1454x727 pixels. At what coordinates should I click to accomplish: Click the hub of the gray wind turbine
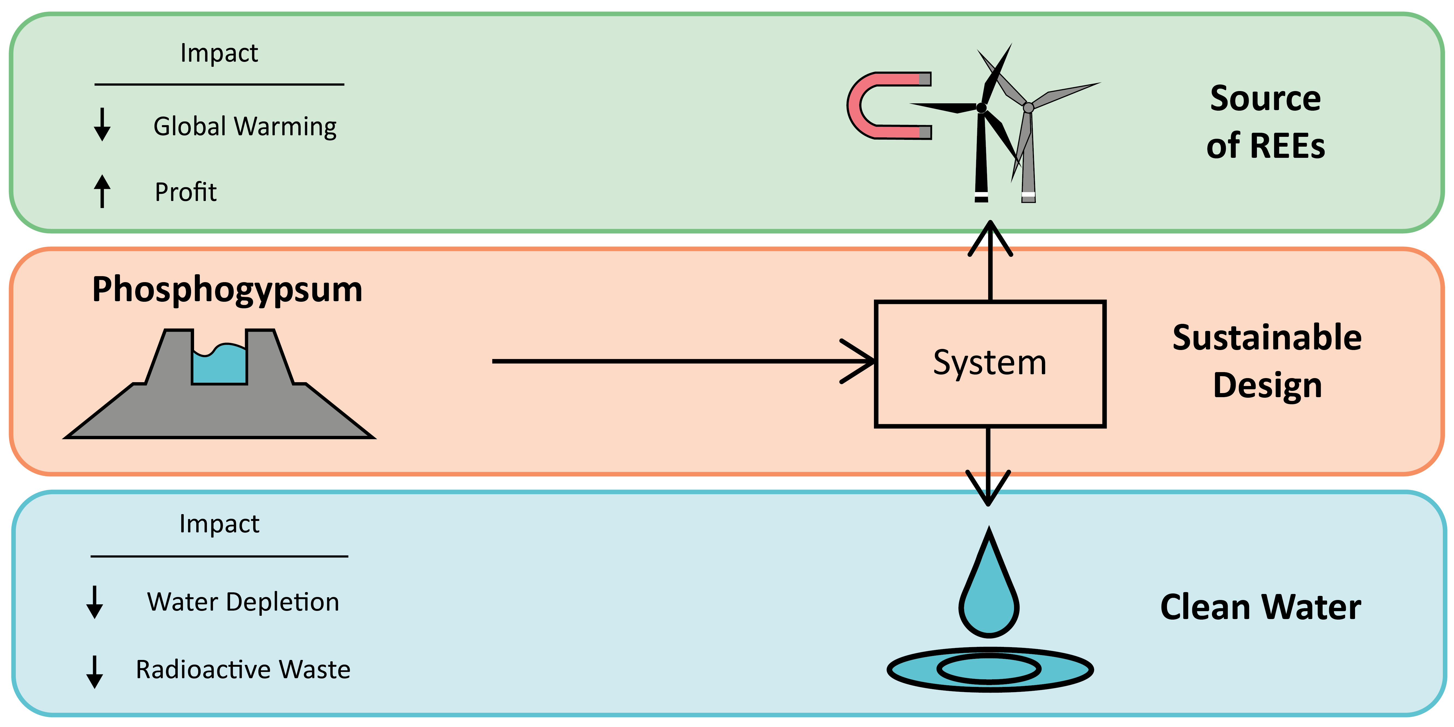(1028, 107)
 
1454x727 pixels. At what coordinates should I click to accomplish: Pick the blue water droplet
(989, 598)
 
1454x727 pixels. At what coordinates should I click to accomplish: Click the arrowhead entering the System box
(861, 361)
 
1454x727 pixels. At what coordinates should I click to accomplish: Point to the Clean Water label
(1260, 607)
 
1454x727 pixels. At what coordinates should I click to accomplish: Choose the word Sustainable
(1267, 337)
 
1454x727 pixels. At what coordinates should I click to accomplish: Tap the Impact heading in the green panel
(219, 53)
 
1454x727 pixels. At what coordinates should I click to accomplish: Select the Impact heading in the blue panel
(219, 524)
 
